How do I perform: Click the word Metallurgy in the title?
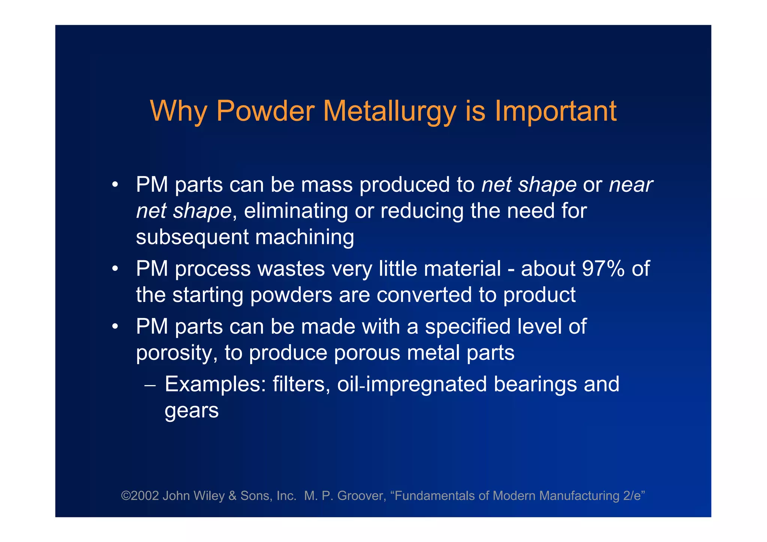point(389,111)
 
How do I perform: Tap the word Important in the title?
point(555,111)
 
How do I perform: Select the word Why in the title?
point(178,111)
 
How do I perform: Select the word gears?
point(191,411)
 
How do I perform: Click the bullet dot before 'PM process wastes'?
point(115,269)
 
